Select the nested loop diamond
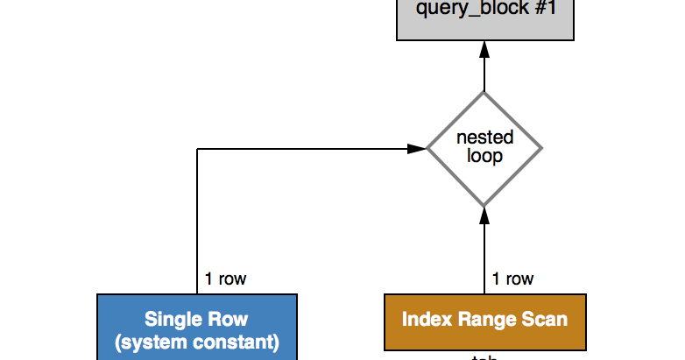pyautogui.click(x=484, y=148)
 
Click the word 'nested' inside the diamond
pyautogui.click(x=484, y=138)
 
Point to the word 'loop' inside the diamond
pyautogui.click(x=484, y=157)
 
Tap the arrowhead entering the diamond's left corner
pyautogui.click(x=419, y=149)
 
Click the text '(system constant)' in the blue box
pyautogui.click(x=197, y=341)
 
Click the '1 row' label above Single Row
pyautogui.click(x=225, y=279)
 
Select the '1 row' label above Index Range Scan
pyautogui.click(x=512, y=279)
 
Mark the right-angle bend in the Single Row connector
pyautogui.click(x=197, y=149)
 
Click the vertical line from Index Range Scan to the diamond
pyautogui.click(x=484, y=254)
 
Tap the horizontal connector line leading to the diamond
pyautogui.click(x=307, y=149)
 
